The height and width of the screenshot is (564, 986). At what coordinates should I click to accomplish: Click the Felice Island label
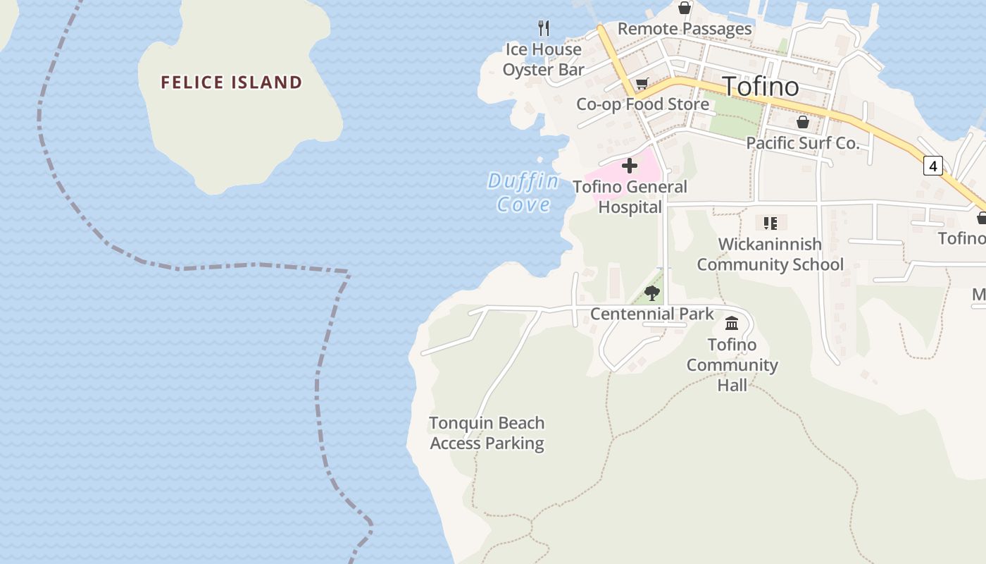click(x=231, y=82)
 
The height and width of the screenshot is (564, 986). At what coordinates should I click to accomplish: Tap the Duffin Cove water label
click(x=523, y=193)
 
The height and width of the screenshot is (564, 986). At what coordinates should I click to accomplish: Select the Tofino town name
click(x=761, y=86)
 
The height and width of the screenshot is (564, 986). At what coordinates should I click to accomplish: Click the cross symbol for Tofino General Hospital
click(x=630, y=166)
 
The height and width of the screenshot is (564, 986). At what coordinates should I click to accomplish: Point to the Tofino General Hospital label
click(x=630, y=197)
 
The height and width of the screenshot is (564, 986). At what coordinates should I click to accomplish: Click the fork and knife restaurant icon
click(x=543, y=28)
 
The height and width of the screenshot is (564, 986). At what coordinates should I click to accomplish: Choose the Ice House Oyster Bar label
click(x=543, y=59)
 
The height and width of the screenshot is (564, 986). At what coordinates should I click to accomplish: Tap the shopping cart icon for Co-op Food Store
click(x=642, y=85)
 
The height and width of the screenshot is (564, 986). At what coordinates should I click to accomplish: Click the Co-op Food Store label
click(x=642, y=104)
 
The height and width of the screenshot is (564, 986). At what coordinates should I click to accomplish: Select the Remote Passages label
click(x=685, y=29)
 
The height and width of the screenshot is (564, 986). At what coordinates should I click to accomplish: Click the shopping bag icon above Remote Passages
click(x=684, y=8)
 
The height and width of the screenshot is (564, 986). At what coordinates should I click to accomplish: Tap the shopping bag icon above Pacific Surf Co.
click(x=802, y=123)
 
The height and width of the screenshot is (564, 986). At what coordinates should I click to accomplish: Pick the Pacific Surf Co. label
click(x=803, y=143)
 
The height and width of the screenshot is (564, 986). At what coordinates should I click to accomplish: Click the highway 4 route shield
click(x=933, y=166)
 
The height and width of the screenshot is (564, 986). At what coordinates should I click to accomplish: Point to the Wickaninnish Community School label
click(x=770, y=255)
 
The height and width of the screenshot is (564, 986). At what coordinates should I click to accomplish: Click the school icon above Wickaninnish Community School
click(x=770, y=223)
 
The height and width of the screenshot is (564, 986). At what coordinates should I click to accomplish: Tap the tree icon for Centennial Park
click(x=652, y=293)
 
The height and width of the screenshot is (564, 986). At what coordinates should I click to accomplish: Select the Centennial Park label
click(x=652, y=314)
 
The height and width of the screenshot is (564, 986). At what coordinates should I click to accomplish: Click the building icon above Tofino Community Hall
click(x=732, y=324)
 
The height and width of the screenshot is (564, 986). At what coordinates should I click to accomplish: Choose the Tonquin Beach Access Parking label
click(x=487, y=433)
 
